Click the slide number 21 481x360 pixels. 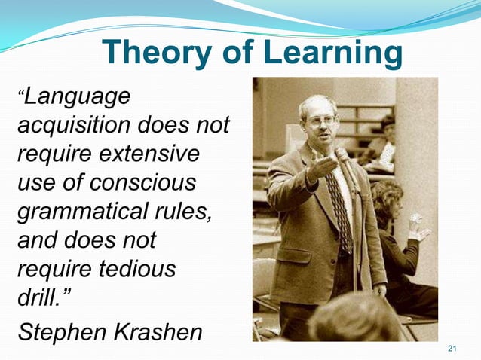[x=452, y=347]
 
